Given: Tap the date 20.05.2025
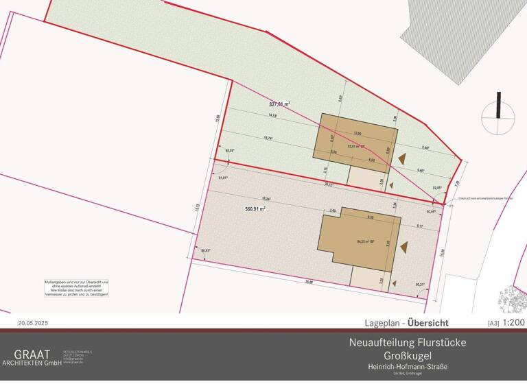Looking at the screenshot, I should [34, 322].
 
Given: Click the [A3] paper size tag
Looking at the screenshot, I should [493, 323].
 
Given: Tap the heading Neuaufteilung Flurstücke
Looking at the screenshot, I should [399, 342].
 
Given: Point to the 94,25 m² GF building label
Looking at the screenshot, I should [368, 241].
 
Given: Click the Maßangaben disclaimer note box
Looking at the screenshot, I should [72, 288].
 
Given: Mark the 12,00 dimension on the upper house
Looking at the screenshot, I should [357, 132].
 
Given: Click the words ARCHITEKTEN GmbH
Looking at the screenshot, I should [32, 363].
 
